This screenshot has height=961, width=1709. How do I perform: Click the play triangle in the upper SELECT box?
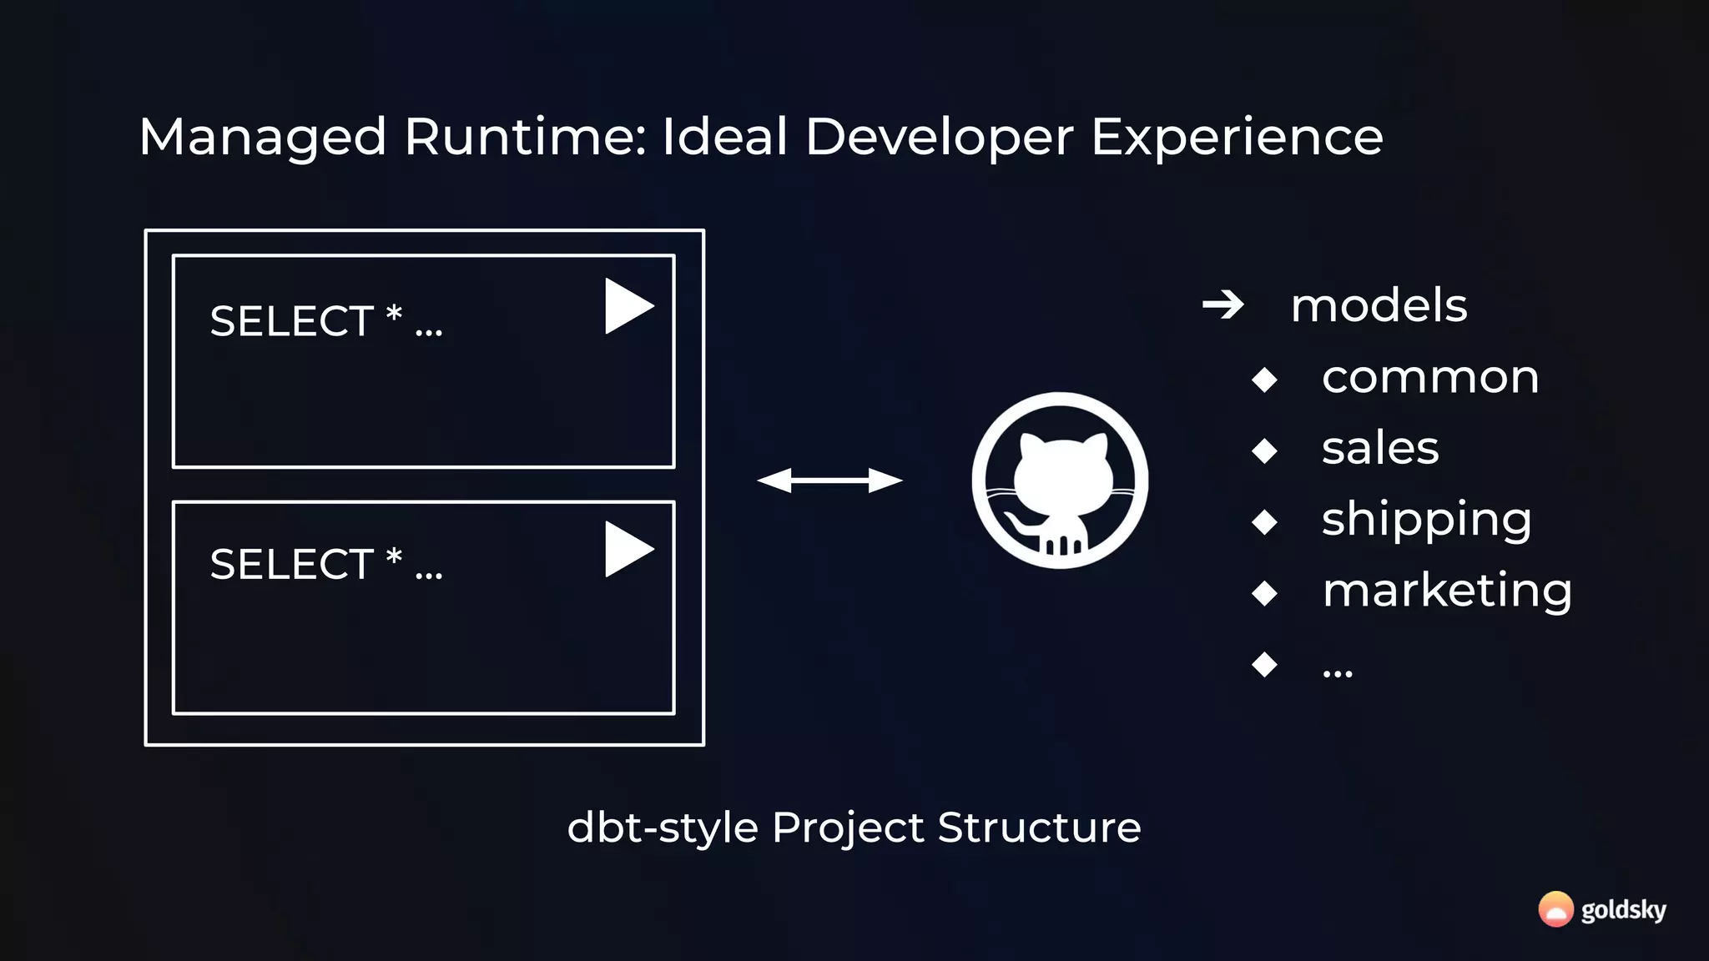pos(626,306)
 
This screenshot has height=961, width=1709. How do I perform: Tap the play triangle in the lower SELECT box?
pos(626,549)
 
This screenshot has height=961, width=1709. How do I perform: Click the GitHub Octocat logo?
pos(1060,480)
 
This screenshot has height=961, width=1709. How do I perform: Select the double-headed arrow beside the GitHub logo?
pos(829,480)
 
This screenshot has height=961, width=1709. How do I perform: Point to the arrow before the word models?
pos(1223,305)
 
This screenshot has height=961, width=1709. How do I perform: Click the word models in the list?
pos(1379,305)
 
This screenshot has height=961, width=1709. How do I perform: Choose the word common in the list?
pos(1430,377)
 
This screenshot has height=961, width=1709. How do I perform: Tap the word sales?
pos(1380,448)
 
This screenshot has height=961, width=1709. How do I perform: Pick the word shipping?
pos(1426,520)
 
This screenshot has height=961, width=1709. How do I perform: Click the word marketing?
pos(1447,591)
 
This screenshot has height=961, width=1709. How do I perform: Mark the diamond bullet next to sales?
pos(1265,450)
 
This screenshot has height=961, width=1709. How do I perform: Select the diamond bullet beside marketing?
pos(1265,593)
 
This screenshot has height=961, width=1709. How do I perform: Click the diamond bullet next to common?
pos(1265,380)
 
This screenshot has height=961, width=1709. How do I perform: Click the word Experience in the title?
pos(1237,138)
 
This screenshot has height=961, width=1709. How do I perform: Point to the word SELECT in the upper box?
pos(291,321)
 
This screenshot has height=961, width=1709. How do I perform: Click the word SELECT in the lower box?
pos(291,564)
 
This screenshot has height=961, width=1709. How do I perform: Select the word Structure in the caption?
pos(1039,828)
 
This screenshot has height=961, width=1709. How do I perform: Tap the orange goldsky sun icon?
pos(1555,909)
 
